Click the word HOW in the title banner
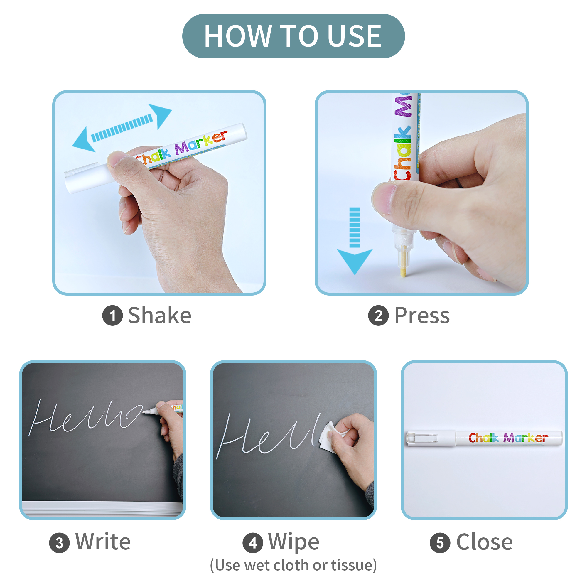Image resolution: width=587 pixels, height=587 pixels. pos(238,36)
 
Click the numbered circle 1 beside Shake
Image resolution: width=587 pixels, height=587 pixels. pos(112,316)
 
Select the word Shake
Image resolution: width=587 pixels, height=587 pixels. pos(159,316)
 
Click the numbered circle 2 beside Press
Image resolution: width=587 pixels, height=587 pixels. pos(378,316)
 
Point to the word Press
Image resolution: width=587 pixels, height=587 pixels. pos(422,316)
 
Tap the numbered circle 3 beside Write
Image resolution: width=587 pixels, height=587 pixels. pos(59,543)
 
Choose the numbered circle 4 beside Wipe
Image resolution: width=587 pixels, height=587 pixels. pos(252,543)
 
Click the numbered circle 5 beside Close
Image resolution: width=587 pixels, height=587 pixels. pos(440,543)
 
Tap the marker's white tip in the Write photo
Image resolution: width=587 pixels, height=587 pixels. pos(146,412)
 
